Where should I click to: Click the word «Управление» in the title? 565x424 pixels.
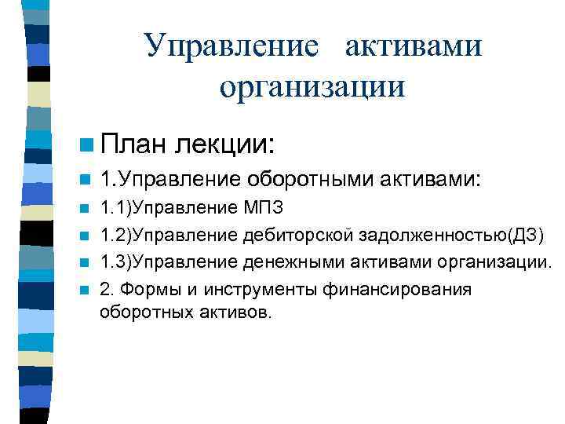click(x=231, y=46)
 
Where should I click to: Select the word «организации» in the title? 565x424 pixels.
click(x=312, y=85)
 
